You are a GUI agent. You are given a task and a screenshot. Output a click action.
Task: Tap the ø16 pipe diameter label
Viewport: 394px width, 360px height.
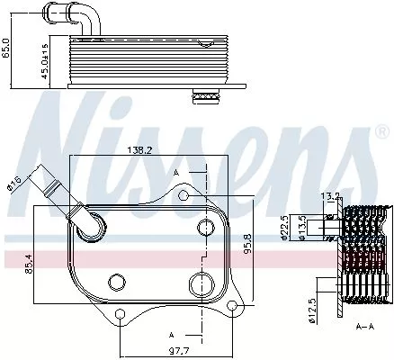(x=14, y=184)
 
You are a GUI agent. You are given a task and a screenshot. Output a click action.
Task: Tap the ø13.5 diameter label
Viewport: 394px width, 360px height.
(x=303, y=226)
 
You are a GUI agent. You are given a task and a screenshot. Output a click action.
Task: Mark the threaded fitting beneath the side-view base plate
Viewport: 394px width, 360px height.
(x=209, y=95)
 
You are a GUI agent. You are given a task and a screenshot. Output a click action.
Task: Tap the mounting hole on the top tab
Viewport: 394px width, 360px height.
(x=184, y=194)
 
